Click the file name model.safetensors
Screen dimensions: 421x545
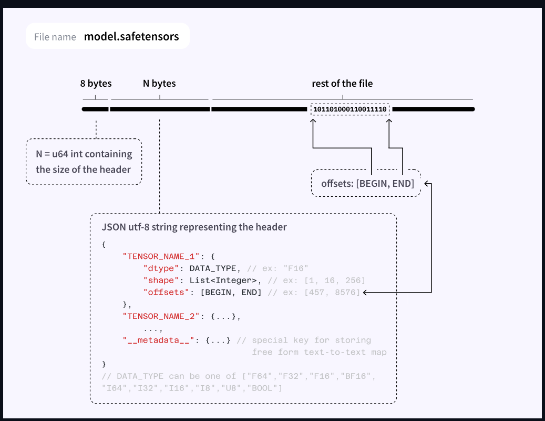[x=131, y=37]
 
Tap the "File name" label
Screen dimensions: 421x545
[x=55, y=37]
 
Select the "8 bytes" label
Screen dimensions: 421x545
[x=96, y=84]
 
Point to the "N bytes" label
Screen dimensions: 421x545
[x=159, y=84]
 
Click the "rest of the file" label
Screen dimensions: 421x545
[x=342, y=84]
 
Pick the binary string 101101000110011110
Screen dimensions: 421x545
[x=350, y=109]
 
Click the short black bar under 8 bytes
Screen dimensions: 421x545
[x=95, y=109]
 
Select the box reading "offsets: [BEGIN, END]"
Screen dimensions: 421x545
[x=366, y=183]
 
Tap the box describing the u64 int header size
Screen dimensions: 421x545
[x=84, y=162]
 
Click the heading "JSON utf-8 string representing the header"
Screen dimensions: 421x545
[x=194, y=227]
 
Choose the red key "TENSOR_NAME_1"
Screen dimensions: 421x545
[x=161, y=256]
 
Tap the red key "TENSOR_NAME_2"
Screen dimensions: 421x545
[x=161, y=316]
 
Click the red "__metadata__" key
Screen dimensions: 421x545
[x=159, y=340]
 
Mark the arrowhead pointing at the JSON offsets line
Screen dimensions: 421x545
[x=365, y=293]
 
